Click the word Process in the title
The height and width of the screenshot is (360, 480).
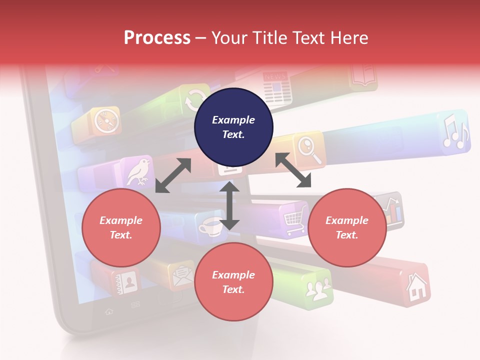[x=157, y=37]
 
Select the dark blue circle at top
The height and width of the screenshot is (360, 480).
[x=233, y=127]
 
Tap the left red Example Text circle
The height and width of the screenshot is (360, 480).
[x=121, y=227]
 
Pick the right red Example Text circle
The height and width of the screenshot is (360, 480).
[x=347, y=227]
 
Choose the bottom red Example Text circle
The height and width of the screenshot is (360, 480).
[x=233, y=282]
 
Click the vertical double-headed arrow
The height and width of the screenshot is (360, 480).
[x=229, y=205]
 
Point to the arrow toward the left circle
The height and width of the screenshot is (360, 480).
[x=173, y=175]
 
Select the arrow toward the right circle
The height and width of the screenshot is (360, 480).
[x=293, y=170]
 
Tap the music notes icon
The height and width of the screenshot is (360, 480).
[x=455, y=132]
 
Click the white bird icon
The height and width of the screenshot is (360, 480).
[x=138, y=171]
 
